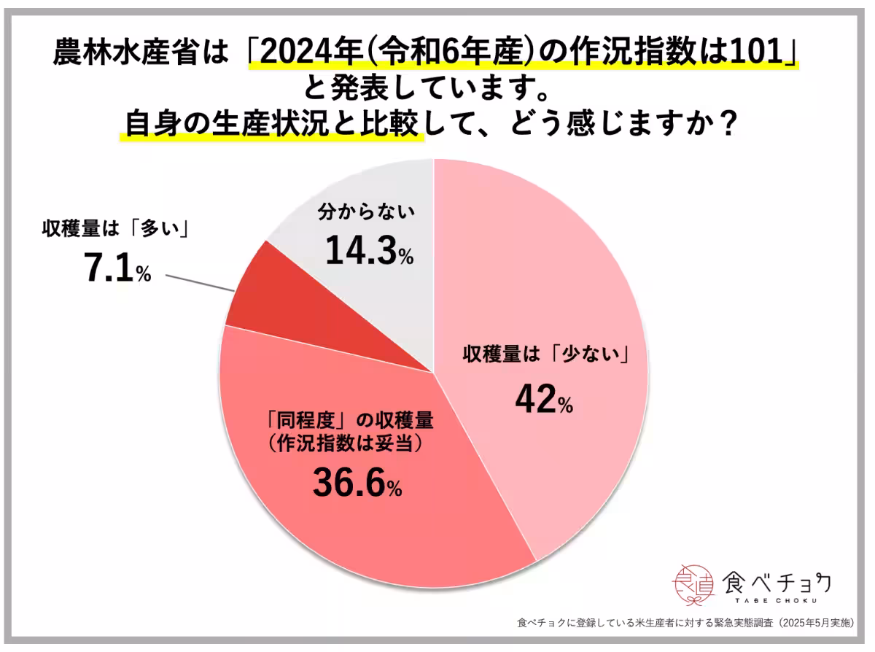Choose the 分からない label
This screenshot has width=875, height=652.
pyautogui.click(x=366, y=214)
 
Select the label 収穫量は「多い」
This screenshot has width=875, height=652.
pyautogui.click(x=115, y=230)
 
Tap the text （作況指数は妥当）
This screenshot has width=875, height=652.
pyautogui.click(x=347, y=443)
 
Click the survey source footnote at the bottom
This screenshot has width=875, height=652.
pyautogui.click(x=685, y=624)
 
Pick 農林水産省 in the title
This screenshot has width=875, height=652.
pyautogui.click(x=102, y=53)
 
